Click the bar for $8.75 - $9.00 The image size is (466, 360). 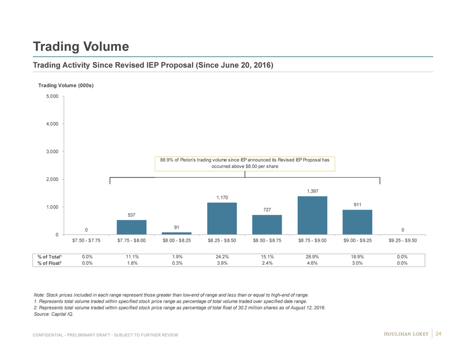312,215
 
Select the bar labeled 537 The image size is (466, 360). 131,227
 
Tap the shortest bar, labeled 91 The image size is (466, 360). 176,233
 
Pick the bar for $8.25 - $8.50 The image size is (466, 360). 222,218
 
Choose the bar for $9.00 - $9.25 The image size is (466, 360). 357,222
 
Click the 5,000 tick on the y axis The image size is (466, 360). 52,96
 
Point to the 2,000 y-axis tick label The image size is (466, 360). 52,179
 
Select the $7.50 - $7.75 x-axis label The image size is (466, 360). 86,240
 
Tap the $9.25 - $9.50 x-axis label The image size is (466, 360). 402,240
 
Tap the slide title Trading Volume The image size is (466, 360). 80,47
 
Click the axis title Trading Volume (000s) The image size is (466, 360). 66,85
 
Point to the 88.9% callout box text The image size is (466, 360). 245,163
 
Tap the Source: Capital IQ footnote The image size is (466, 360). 53,314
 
